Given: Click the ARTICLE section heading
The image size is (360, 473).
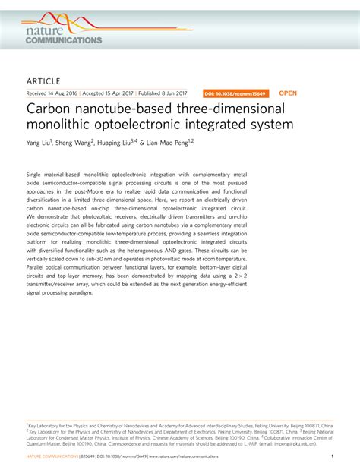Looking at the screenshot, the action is tap(43, 80).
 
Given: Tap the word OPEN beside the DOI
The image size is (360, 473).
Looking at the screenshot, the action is tap(289, 93).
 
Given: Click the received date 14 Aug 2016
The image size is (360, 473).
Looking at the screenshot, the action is tap(66, 93).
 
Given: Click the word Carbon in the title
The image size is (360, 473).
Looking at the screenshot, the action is tap(50, 109).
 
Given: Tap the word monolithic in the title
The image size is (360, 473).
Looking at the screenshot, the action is tap(61, 124).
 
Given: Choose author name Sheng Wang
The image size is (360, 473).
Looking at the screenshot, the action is tap(74, 142).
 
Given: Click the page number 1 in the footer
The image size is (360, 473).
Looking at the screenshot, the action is tap(333, 456).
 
